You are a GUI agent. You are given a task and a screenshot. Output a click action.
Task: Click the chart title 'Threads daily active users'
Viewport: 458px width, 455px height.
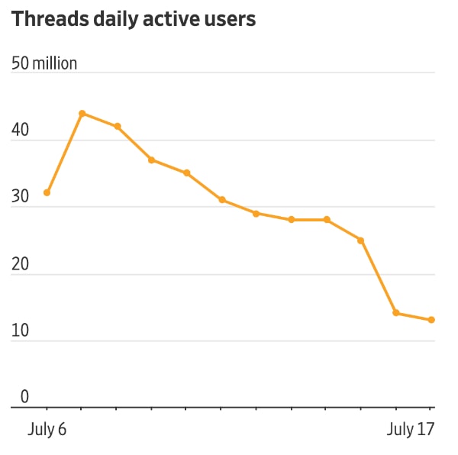pyautogui.click(x=134, y=21)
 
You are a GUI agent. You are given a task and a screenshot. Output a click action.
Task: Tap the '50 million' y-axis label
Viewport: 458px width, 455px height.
pyautogui.click(x=44, y=63)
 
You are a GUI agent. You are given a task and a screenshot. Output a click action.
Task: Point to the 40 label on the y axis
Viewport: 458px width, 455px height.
pyautogui.click(x=21, y=131)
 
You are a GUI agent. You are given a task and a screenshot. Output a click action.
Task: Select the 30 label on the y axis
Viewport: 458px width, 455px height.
pyautogui.click(x=21, y=198)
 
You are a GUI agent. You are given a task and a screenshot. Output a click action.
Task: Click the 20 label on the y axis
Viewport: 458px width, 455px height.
pyautogui.click(x=21, y=264)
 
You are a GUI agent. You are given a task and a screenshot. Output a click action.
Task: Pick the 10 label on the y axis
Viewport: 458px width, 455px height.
pyautogui.click(x=21, y=331)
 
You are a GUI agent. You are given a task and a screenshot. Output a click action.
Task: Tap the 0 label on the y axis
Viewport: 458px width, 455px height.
pyautogui.click(x=24, y=398)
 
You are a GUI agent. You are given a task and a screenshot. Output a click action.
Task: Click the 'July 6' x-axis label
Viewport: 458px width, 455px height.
pyautogui.click(x=47, y=429)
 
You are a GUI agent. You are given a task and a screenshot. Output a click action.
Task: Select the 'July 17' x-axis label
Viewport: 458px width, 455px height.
pyautogui.click(x=411, y=429)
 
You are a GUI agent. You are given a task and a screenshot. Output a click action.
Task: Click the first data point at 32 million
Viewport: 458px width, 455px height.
pyautogui.click(x=47, y=193)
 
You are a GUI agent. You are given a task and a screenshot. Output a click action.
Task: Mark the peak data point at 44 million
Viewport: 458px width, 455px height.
pyautogui.click(x=82, y=113)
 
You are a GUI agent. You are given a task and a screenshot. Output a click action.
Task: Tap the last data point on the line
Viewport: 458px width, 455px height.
pyautogui.click(x=431, y=320)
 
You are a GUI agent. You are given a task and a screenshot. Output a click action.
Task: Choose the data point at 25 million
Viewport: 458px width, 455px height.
pyautogui.click(x=361, y=240)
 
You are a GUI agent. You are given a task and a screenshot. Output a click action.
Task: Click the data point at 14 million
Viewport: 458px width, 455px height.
pyautogui.click(x=395, y=313)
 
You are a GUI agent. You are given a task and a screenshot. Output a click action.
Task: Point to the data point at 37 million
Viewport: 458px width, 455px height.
pyautogui.click(x=152, y=160)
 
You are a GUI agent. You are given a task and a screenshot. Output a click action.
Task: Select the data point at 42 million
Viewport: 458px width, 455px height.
pyautogui.click(x=117, y=126)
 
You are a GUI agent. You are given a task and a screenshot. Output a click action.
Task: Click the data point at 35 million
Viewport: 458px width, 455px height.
pyautogui.click(x=187, y=173)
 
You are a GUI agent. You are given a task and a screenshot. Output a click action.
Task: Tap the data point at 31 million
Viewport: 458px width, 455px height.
pyautogui.click(x=221, y=200)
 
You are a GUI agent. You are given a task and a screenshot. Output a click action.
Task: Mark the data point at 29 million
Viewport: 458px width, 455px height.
pyautogui.click(x=256, y=213)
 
